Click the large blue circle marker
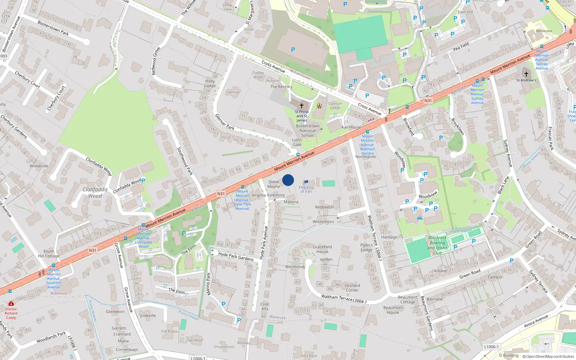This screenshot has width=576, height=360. (288, 180)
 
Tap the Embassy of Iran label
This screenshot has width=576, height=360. (306, 189)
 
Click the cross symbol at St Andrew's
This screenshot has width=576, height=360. (526, 74)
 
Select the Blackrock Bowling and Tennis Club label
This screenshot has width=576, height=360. (437, 245)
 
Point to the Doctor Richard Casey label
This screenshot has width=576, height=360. (11, 313)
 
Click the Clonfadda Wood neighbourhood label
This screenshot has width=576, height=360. (95, 193)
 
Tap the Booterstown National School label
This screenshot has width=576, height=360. (307, 131)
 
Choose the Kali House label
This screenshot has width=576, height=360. (351, 127)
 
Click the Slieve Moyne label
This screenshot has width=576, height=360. (274, 184)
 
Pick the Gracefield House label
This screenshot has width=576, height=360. (322, 249)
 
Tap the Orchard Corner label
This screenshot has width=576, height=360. (352, 288)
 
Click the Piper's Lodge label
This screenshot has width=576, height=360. (366, 247)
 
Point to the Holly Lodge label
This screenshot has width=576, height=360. (210, 84)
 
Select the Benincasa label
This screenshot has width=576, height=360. (544, 31)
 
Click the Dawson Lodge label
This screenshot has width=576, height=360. (335, 105)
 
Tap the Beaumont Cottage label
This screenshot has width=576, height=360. (408, 300)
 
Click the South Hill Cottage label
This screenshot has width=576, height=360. (49, 254)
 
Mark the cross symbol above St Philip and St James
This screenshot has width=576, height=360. (302, 106)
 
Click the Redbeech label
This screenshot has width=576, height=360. (324, 207)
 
